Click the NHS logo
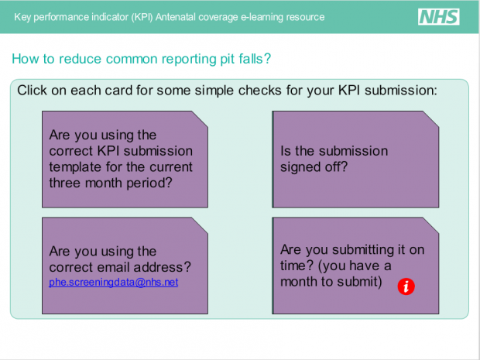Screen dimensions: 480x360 point(439,16)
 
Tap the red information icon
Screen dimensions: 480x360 point(406,286)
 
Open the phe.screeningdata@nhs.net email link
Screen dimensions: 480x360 point(114,282)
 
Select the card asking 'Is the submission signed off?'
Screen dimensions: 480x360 point(355,159)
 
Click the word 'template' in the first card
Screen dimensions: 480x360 point(75,167)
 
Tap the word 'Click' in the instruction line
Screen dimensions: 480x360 point(33,91)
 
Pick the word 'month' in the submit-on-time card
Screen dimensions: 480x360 point(299,282)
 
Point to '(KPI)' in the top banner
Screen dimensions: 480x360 point(142,17)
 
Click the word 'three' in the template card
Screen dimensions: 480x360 point(65,183)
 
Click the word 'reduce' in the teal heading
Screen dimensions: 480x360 point(80,59)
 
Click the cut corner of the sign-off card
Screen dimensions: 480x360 point(431,118)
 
